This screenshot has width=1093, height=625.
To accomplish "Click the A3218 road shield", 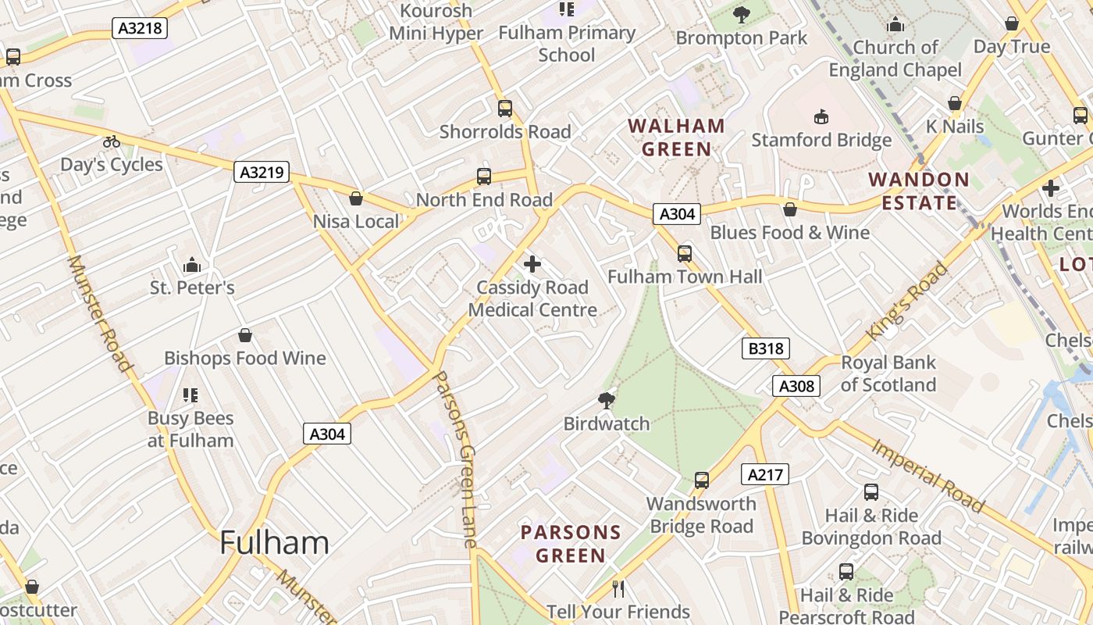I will [x=141, y=29].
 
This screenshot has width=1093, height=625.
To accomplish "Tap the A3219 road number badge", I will [x=262, y=172].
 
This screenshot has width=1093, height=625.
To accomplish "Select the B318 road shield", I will [x=765, y=348].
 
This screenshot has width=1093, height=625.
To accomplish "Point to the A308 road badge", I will [x=796, y=385].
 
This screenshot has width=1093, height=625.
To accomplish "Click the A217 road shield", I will [x=764, y=474].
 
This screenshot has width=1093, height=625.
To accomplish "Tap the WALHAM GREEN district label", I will [x=677, y=137].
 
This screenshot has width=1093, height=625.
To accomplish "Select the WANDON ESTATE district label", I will [x=919, y=191].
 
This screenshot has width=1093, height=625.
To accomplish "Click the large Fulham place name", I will [x=274, y=542].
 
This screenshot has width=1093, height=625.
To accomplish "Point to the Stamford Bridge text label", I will [x=821, y=141].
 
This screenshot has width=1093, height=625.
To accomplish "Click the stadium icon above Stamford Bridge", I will [x=821, y=117].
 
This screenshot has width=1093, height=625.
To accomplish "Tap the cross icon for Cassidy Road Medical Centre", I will [x=532, y=264].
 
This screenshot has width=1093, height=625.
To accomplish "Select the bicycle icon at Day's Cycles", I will [x=112, y=141].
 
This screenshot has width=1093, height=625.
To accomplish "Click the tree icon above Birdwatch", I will [x=606, y=401].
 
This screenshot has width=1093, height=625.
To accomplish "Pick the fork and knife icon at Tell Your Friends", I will [x=618, y=588].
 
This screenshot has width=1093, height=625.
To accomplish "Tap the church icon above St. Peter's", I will [x=191, y=265].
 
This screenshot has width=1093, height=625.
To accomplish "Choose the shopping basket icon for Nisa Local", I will [x=356, y=198].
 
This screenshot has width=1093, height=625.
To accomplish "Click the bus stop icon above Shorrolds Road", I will [x=505, y=109].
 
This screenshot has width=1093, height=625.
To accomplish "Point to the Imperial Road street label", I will [x=927, y=474].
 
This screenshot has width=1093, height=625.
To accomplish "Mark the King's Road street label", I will [x=910, y=300].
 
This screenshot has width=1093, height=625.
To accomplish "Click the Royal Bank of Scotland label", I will [x=888, y=374].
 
